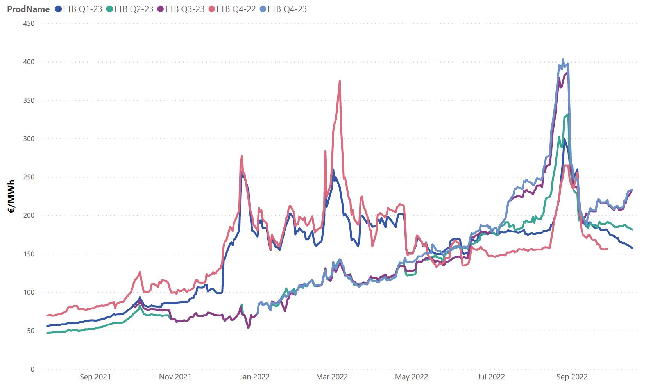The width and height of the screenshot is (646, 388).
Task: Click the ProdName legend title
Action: click(x=28, y=9)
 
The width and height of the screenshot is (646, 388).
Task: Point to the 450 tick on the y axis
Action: click(x=29, y=23)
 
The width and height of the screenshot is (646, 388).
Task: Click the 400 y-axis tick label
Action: click(x=29, y=62)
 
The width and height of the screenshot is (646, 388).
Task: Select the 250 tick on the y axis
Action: click(x=29, y=177)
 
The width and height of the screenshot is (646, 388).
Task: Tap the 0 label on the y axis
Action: click(x=32, y=369)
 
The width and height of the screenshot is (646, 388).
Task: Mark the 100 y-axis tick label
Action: click(x=29, y=292)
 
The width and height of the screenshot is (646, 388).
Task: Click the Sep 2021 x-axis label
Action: click(x=95, y=377)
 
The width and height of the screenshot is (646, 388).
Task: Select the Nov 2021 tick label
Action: click(x=175, y=377)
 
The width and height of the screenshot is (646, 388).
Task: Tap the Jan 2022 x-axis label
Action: click(x=254, y=377)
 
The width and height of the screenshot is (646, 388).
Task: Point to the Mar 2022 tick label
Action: click(x=332, y=377)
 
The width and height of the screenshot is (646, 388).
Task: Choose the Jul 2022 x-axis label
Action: click(x=491, y=377)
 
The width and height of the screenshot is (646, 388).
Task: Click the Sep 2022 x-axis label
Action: click(x=572, y=377)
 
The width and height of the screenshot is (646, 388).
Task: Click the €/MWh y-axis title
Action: click(x=11, y=196)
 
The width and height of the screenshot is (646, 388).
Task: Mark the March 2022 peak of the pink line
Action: click(x=340, y=81)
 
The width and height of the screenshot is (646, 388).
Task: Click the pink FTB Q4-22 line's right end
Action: click(x=607, y=249)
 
